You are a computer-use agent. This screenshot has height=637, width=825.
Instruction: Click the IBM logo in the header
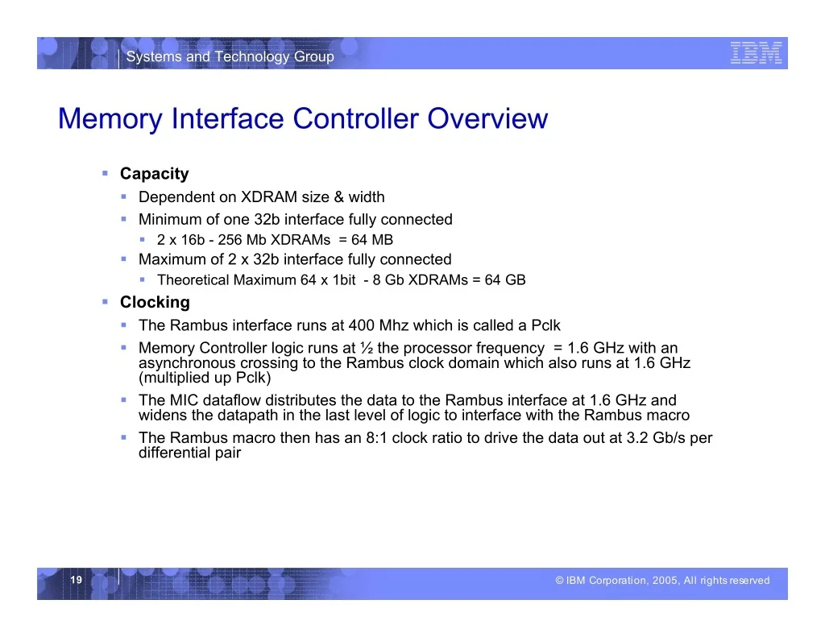(756, 53)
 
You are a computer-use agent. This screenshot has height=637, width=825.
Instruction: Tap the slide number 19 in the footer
(77, 580)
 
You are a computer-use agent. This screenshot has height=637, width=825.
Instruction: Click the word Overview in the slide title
(487, 118)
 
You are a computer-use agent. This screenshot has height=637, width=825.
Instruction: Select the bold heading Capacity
(154, 174)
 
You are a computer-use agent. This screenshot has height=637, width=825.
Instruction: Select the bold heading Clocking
(155, 302)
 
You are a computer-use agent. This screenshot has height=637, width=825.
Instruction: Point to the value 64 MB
(372, 240)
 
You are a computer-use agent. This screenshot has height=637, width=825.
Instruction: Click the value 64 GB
(505, 279)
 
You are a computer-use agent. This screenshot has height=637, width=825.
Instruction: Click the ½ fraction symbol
(367, 348)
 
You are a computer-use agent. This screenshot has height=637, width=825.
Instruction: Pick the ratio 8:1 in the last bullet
(377, 437)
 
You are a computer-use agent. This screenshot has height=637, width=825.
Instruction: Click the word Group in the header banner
(313, 56)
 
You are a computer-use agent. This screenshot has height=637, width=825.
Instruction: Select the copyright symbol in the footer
(559, 580)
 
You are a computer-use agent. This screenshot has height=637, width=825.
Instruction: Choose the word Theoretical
(193, 279)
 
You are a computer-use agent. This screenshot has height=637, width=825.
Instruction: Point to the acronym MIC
(184, 400)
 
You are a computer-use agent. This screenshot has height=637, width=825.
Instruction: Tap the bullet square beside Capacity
(106, 173)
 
